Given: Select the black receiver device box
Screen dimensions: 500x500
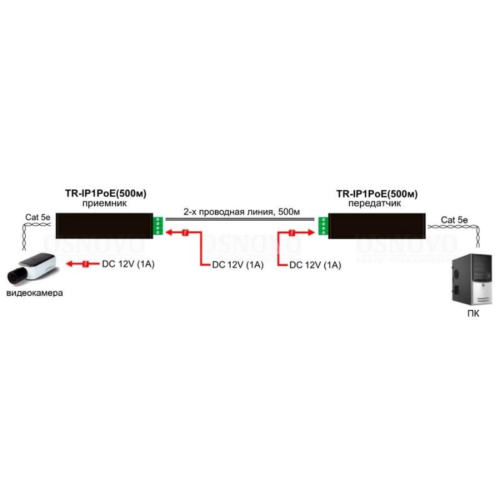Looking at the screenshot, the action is (x=104, y=226).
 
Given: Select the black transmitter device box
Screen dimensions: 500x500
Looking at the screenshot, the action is (x=377, y=226).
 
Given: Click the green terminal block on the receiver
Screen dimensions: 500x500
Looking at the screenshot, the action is (x=158, y=226).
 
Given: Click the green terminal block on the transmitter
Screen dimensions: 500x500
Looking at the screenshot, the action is (x=323, y=226).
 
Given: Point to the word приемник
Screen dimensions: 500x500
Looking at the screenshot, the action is (x=104, y=203).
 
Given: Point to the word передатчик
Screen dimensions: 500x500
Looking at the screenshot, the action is (x=374, y=203).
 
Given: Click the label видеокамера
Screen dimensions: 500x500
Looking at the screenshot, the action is (x=34, y=292).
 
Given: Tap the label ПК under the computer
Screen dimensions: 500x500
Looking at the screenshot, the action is (x=473, y=314).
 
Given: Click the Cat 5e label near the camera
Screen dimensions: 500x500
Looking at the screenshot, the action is (x=37, y=217).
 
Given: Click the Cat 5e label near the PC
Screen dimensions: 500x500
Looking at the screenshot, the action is (x=454, y=220).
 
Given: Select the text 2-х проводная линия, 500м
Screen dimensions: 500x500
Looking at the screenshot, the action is (x=241, y=212).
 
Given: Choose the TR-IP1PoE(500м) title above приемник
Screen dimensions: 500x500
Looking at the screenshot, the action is (x=106, y=193).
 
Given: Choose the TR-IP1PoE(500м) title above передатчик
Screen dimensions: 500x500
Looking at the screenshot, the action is (x=377, y=194).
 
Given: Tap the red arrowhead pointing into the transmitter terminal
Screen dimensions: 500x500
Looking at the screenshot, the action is (x=311, y=232).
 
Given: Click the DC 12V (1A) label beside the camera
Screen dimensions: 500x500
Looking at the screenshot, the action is (x=128, y=264).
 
